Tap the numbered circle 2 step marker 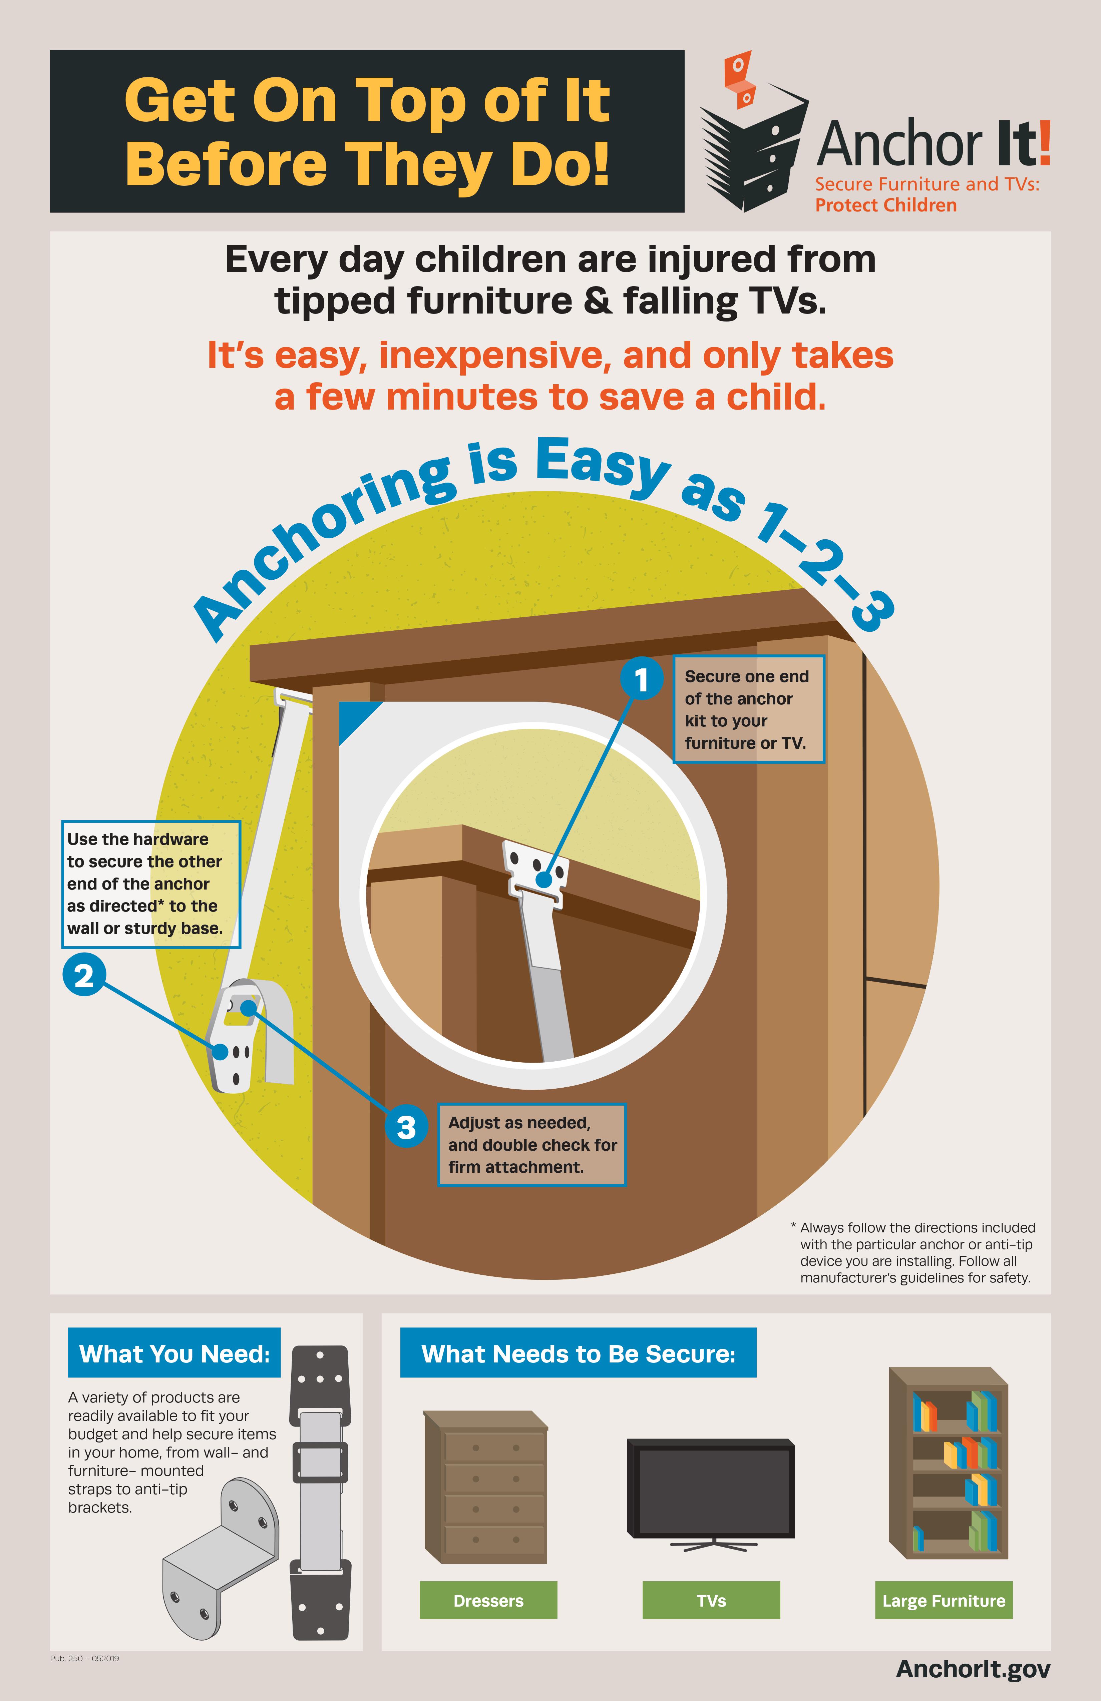coord(84,976)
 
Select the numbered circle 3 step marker coord(406,1127)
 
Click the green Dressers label coord(488,1600)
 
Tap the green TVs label coord(711,1600)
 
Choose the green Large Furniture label coord(944,1600)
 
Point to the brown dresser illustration coord(486,1487)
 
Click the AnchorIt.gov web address coord(973,1669)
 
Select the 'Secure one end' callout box coord(749,709)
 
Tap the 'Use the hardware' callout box coord(151,884)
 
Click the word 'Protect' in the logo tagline coord(846,205)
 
